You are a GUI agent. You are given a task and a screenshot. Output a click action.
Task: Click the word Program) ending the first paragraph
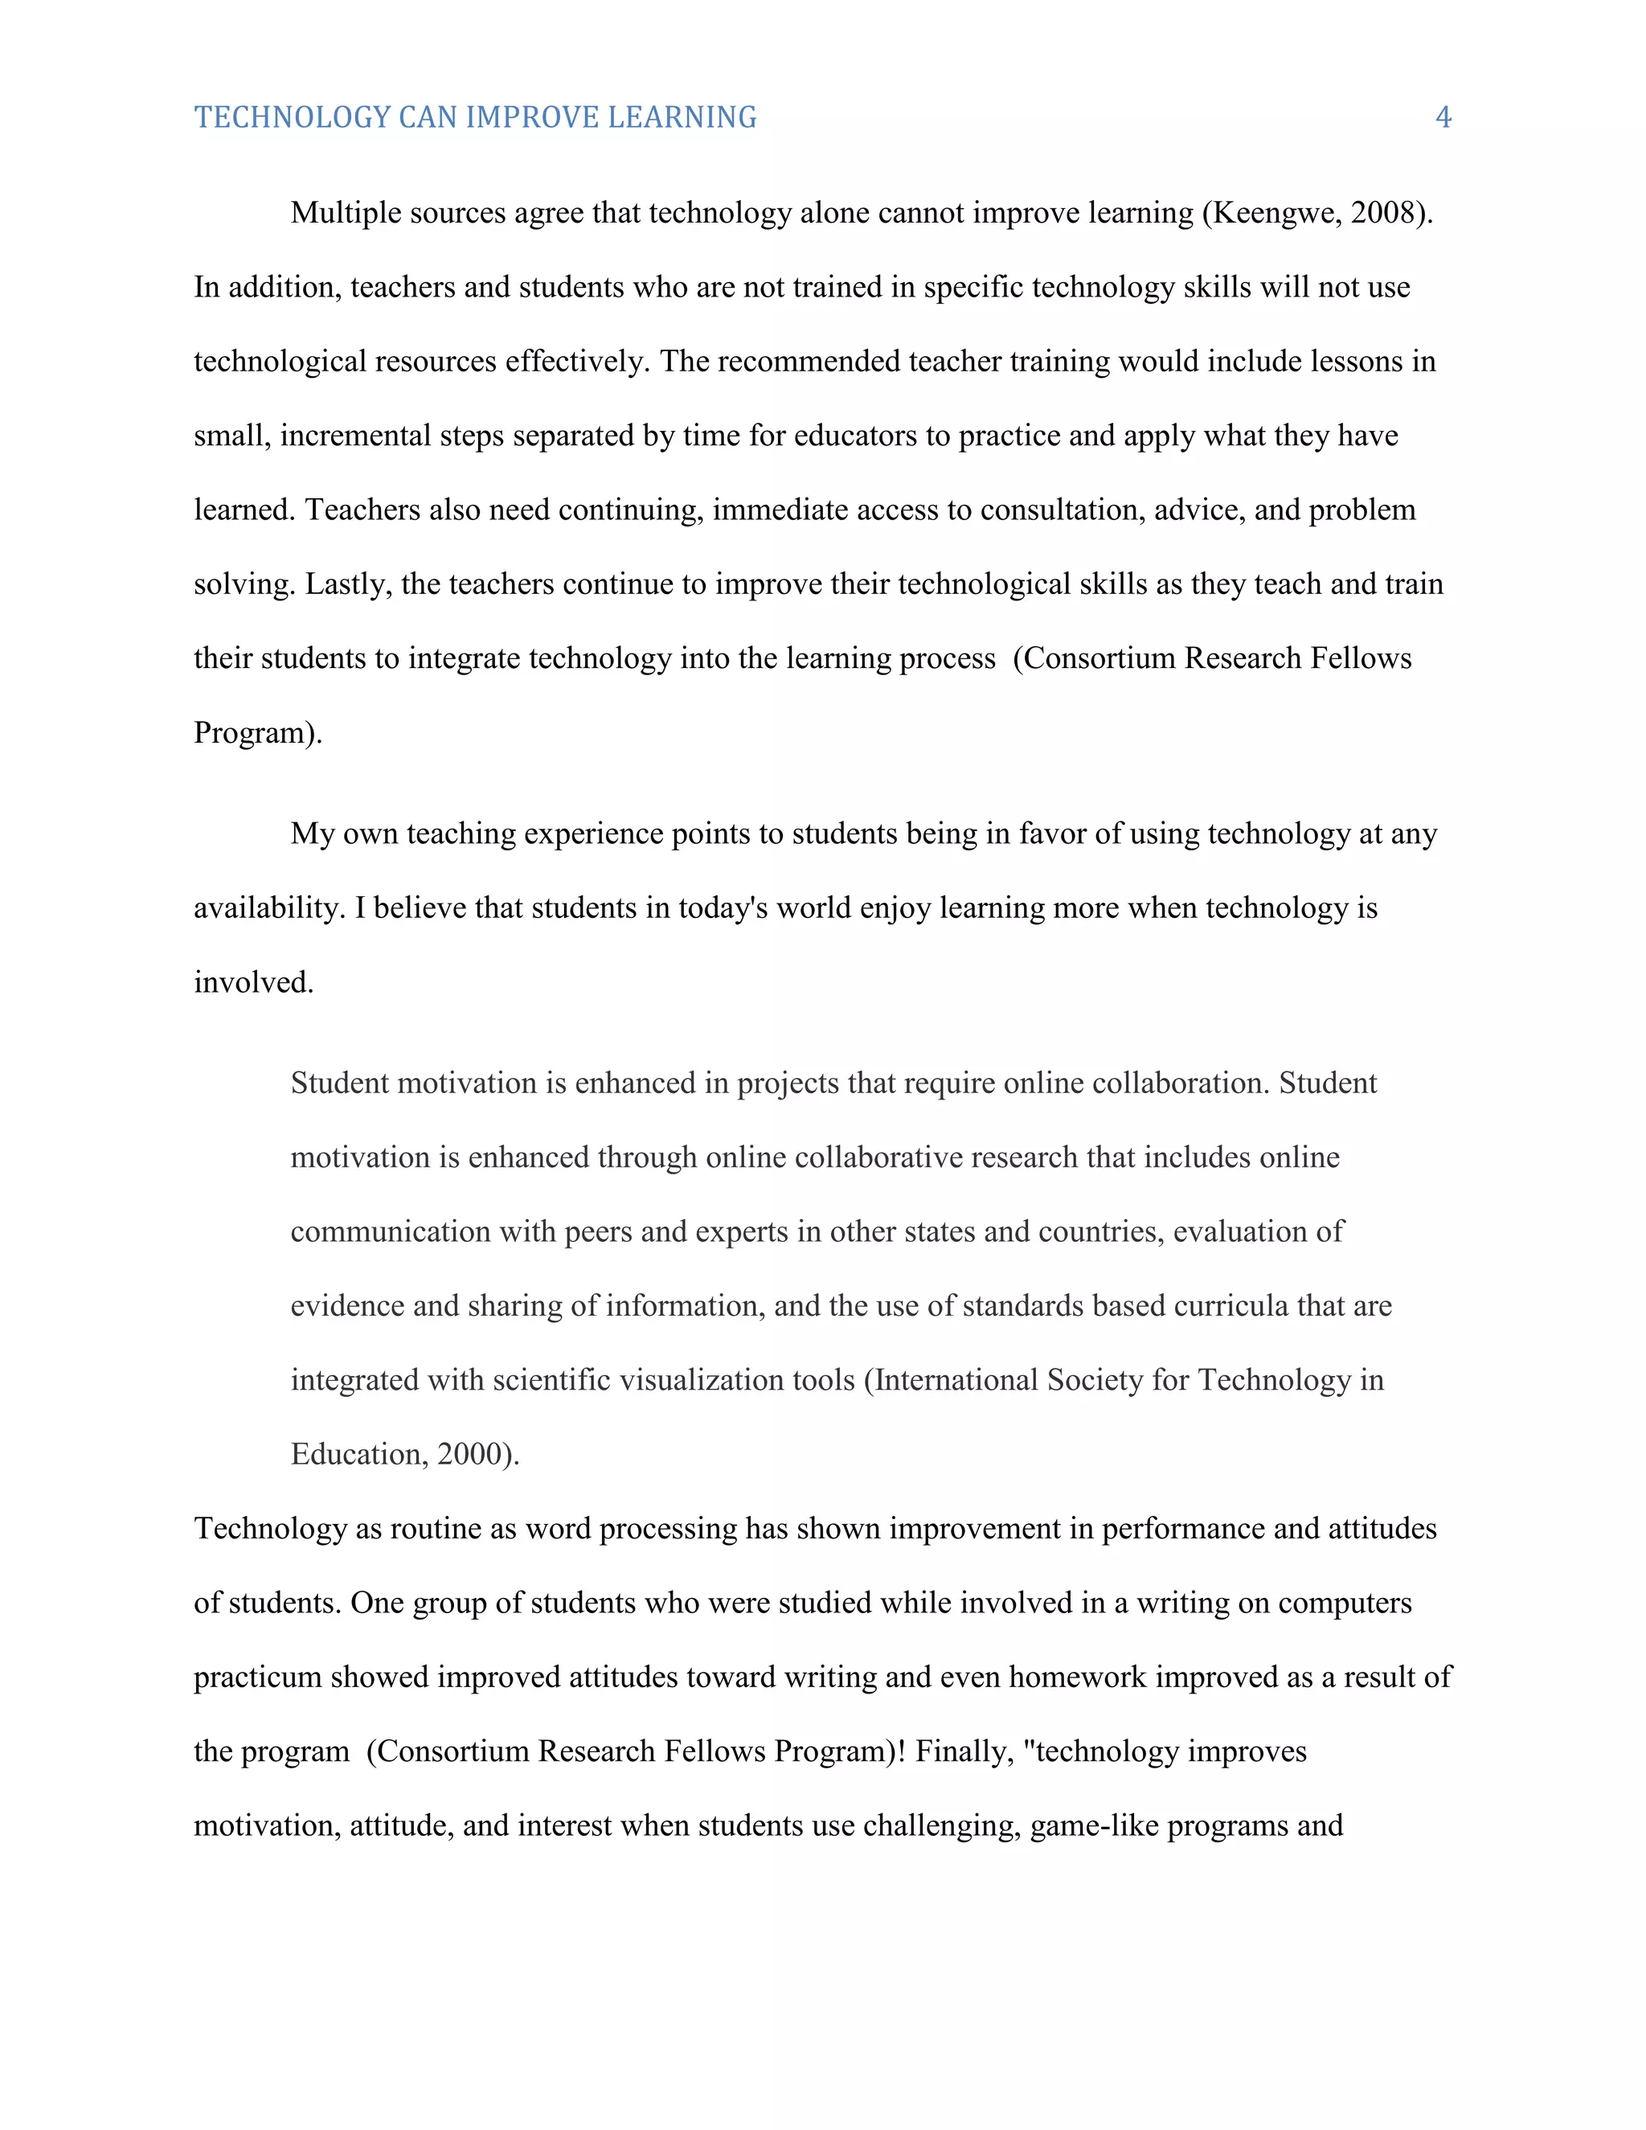click(x=257, y=732)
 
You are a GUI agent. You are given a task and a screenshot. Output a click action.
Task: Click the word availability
click(x=270, y=908)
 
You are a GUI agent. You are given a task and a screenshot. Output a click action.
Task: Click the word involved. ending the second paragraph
click(x=253, y=982)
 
